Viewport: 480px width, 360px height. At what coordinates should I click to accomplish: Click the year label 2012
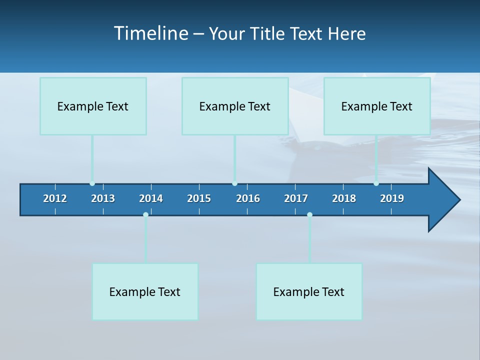pyautogui.click(x=55, y=198)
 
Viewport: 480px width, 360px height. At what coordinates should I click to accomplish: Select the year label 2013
pyautogui.click(x=103, y=198)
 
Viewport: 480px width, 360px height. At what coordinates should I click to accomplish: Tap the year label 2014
pyautogui.click(x=151, y=198)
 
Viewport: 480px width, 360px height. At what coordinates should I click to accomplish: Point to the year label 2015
pyautogui.click(x=199, y=198)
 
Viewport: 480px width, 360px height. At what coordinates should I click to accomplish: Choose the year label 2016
pyautogui.click(x=248, y=198)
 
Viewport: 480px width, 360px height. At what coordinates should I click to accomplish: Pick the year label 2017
pyautogui.click(x=296, y=198)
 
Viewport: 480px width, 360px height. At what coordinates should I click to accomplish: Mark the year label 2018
pyautogui.click(x=344, y=198)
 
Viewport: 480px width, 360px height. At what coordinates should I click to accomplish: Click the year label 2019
pyautogui.click(x=392, y=198)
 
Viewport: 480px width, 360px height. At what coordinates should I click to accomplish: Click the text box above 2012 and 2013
pyautogui.click(x=93, y=106)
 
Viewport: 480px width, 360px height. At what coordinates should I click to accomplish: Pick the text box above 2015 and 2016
pyautogui.click(x=235, y=106)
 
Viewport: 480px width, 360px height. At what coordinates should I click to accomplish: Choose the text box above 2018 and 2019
pyautogui.click(x=377, y=106)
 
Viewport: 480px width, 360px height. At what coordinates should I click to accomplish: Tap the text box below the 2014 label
pyautogui.click(x=145, y=291)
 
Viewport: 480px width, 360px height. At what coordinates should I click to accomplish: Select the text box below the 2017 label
pyautogui.click(x=309, y=291)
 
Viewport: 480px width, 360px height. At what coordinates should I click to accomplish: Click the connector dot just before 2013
pyautogui.click(x=92, y=183)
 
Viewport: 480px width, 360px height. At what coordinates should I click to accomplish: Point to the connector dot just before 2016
pyautogui.click(x=234, y=183)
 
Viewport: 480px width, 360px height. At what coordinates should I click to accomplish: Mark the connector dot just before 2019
pyautogui.click(x=376, y=183)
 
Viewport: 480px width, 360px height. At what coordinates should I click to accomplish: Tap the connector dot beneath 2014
pyautogui.click(x=145, y=214)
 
